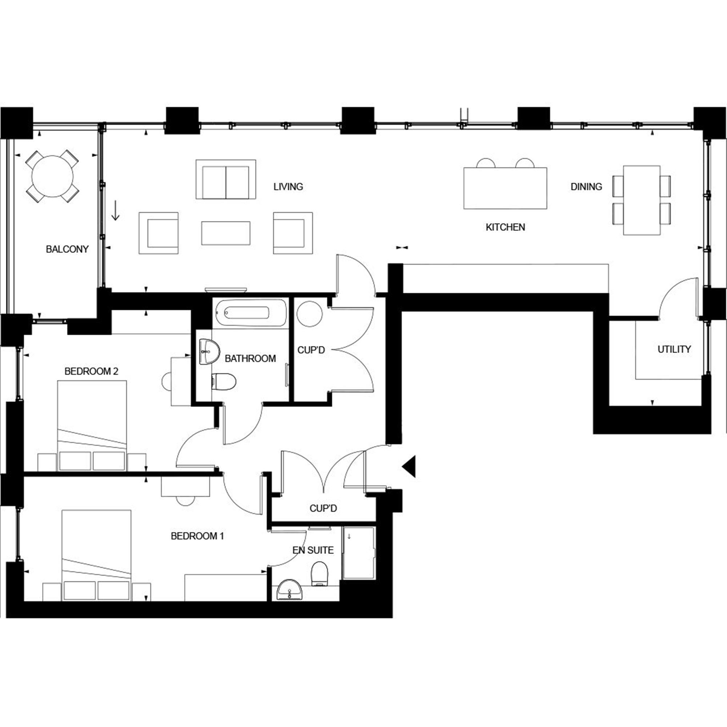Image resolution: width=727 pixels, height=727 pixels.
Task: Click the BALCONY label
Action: coord(67,249)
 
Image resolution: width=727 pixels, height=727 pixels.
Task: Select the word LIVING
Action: coord(288,186)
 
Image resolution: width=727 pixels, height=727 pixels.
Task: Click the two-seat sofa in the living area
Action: coord(226,180)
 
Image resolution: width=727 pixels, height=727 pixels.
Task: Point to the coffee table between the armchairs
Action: coord(226,233)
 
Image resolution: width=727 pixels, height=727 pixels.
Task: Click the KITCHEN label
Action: coord(505,227)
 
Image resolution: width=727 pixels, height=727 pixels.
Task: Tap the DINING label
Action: coord(586,186)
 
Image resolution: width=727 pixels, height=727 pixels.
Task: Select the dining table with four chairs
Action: coord(642,200)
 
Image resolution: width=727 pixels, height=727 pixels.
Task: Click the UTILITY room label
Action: coord(674,349)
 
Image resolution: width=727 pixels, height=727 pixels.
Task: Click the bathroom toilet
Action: coord(224,382)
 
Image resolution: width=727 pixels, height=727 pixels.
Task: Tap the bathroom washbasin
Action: coord(209,352)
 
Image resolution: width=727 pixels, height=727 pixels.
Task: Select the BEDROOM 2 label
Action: coord(92,371)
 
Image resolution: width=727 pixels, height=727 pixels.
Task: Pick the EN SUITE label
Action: coord(313,550)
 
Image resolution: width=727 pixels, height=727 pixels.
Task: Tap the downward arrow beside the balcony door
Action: coord(116,211)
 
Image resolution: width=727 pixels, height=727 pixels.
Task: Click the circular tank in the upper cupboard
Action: coord(309,314)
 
